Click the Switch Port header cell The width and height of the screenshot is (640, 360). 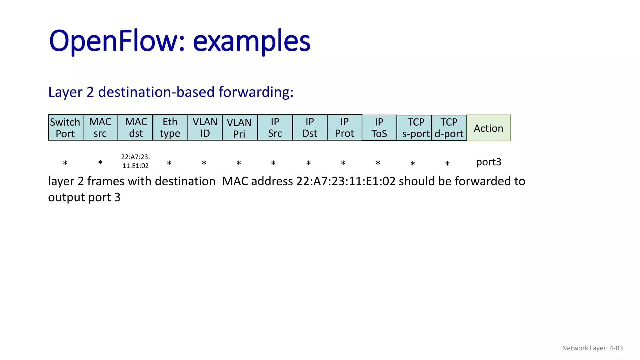click(x=66, y=127)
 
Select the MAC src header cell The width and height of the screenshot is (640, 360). click(x=100, y=127)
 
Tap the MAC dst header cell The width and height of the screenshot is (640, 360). click(x=135, y=127)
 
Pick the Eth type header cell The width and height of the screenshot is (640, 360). click(x=170, y=127)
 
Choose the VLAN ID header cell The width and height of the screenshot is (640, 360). click(x=205, y=127)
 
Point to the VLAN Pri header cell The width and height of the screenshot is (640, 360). click(x=240, y=127)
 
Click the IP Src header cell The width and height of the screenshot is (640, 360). click(x=275, y=127)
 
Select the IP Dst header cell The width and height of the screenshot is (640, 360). click(x=310, y=127)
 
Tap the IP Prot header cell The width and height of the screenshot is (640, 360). click(x=344, y=127)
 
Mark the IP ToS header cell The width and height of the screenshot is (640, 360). click(x=379, y=128)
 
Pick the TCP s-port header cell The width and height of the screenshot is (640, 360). click(x=414, y=128)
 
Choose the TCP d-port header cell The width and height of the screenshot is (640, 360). click(x=449, y=128)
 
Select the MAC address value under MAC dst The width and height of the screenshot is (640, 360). click(x=136, y=161)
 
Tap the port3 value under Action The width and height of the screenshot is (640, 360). click(x=488, y=162)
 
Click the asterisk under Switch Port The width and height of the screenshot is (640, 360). click(x=65, y=163)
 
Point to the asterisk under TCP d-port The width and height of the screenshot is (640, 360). click(x=447, y=164)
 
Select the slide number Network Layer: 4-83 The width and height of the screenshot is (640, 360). click(x=592, y=348)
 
